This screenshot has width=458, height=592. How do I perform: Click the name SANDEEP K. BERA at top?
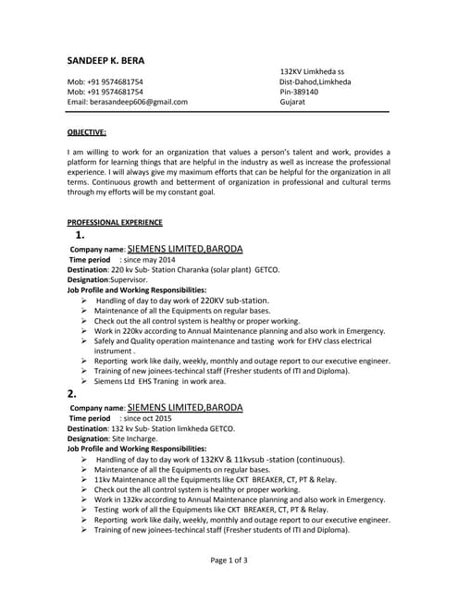pyautogui.click(x=105, y=61)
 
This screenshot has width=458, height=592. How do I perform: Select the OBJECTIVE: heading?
pyautogui.click(x=87, y=132)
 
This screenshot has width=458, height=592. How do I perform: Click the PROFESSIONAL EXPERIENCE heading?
pyautogui.click(x=115, y=222)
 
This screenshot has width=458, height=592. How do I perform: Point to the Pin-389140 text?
pyautogui.click(x=299, y=92)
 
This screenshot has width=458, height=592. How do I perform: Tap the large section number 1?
pyautogui.click(x=80, y=235)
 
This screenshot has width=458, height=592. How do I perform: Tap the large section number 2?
pyautogui.click(x=72, y=393)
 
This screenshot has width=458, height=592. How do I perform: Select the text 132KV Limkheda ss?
pyautogui.click(x=312, y=71)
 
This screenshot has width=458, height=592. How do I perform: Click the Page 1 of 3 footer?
pyautogui.click(x=229, y=560)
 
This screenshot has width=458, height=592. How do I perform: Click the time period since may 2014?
pyautogui.click(x=147, y=260)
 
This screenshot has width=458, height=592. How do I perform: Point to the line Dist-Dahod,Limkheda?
pyautogui.click(x=316, y=81)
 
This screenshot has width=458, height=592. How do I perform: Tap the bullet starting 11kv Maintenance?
pyautogui.click(x=215, y=479)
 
